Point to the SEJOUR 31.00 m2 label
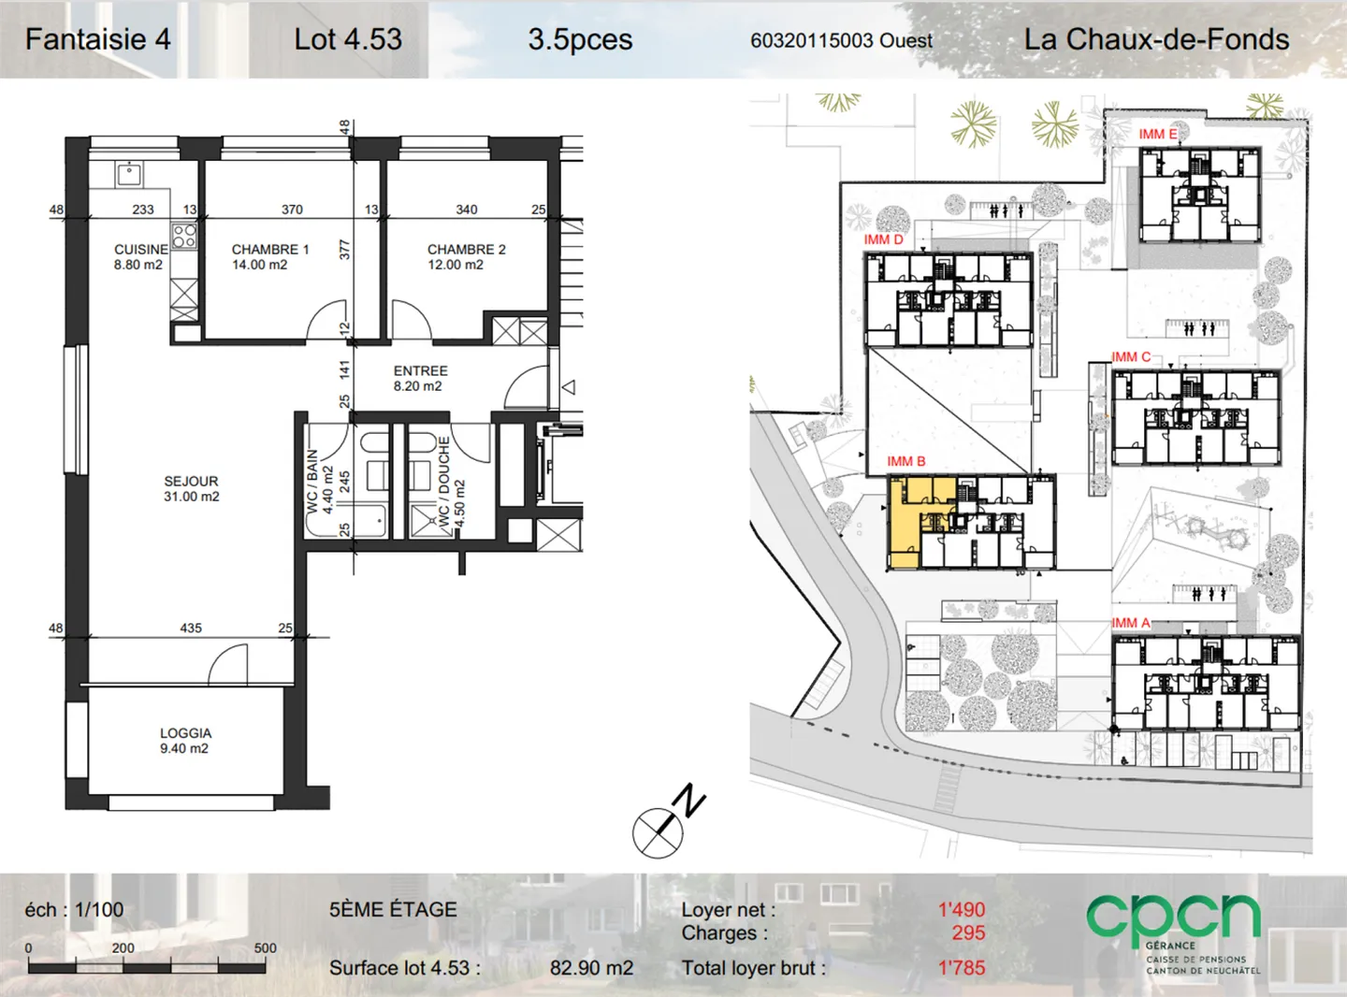[x=192, y=489]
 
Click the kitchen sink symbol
[x=129, y=174]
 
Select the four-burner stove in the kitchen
[x=184, y=237]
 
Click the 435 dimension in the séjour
[x=191, y=628]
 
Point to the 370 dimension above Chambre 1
[x=292, y=210]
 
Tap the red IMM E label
[x=1157, y=134]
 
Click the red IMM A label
[x=1131, y=623]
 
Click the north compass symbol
[x=668, y=823]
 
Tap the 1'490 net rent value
[x=962, y=910]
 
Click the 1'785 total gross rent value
[x=962, y=968]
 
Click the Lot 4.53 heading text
[x=348, y=39]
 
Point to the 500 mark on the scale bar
[x=266, y=947]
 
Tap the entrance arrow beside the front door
[x=569, y=387]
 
